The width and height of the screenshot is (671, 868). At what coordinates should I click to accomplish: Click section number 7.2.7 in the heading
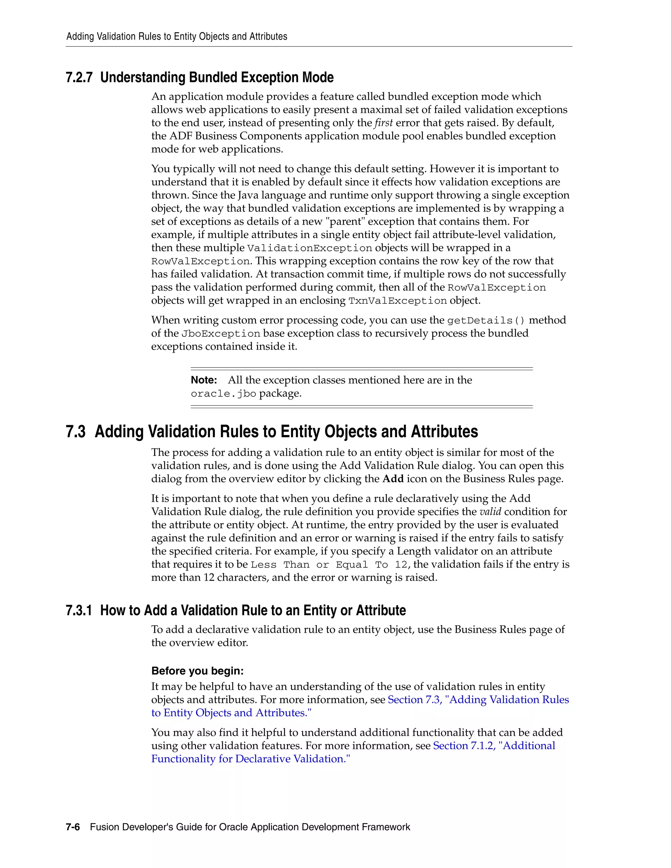coord(79,78)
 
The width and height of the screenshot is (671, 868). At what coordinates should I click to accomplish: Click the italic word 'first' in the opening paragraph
coord(383,123)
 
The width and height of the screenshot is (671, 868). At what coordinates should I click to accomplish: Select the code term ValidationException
coord(309,248)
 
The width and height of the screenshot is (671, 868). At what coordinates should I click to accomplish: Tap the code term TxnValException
coord(397,301)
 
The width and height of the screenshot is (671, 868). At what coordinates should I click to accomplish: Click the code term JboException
coord(220,334)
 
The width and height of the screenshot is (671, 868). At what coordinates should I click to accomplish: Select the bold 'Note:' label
coord(203,380)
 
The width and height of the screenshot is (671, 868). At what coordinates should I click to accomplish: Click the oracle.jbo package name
coord(223,394)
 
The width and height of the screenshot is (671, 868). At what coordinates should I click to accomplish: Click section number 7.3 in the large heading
coord(76,432)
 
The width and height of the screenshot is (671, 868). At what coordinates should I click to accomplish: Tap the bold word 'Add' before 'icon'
coord(393,479)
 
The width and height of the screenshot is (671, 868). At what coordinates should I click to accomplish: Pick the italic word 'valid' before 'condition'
coord(490,512)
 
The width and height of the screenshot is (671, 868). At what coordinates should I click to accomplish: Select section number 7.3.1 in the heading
coord(79,611)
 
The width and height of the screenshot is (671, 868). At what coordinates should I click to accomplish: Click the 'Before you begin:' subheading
coord(197,671)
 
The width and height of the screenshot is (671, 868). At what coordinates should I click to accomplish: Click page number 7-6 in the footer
coord(73,827)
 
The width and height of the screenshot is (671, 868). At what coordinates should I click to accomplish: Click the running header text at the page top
coord(177,37)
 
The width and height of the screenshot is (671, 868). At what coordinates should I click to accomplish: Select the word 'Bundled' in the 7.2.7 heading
coord(213,78)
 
